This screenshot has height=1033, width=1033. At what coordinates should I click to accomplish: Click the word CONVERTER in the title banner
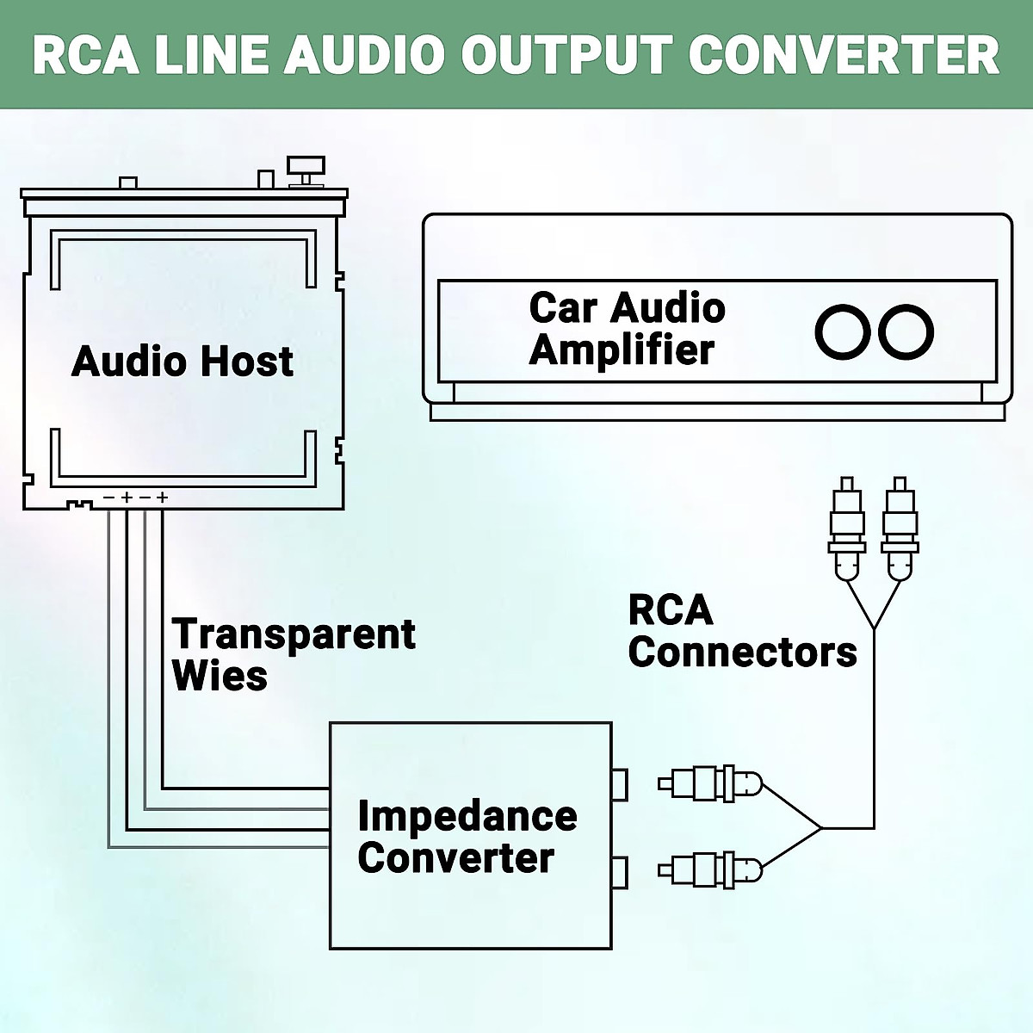coord(843,54)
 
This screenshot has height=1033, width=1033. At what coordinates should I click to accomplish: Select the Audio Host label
coord(182,361)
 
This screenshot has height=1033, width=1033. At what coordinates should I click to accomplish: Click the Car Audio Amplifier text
coord(627,329)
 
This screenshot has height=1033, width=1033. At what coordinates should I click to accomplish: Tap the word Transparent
coord(294,634)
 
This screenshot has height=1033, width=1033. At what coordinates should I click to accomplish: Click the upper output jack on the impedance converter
coord(619,784)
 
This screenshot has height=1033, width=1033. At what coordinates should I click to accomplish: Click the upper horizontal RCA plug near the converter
coord(710,783)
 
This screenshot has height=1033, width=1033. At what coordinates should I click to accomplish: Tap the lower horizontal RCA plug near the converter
coord(710,870)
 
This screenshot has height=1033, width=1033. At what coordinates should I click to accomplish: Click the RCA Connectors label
coord(742,631)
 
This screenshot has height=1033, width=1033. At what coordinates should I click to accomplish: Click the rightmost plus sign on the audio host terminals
coord(162,497)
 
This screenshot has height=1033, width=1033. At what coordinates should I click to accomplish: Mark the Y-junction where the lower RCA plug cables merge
coord(820,828)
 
